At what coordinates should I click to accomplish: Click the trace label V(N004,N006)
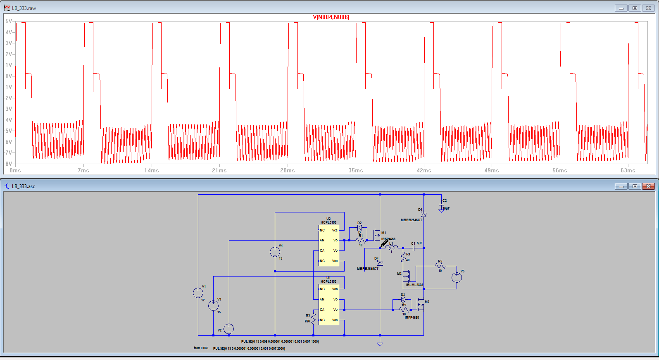331,17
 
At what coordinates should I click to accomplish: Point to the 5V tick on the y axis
8,21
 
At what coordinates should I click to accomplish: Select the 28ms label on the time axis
288,170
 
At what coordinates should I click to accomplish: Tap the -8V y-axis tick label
8,164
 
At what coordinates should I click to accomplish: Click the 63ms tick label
628,170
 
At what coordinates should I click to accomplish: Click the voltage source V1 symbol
198,293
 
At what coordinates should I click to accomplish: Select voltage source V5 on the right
457,277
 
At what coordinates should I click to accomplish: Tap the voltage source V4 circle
275,252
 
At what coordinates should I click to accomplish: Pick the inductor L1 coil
391,248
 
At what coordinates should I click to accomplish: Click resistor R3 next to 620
313,318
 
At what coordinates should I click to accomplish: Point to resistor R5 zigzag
440,266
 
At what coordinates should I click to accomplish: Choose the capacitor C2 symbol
441,205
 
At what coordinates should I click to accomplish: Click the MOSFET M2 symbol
421,305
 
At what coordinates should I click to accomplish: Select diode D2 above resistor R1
359,228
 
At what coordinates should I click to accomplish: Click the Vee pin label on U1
335,320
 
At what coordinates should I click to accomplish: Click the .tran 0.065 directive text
201,348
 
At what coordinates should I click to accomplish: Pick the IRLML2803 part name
414,285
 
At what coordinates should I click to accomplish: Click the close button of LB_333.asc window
648,186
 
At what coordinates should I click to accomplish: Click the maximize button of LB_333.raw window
635,8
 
